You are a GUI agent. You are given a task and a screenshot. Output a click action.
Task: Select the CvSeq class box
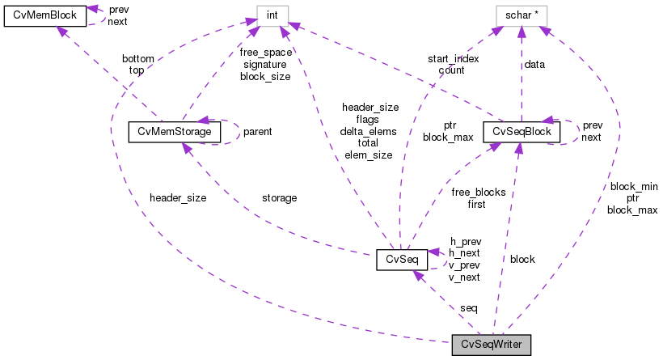(x=401, y=260)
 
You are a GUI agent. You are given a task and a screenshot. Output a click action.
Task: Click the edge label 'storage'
(x=279, y=197)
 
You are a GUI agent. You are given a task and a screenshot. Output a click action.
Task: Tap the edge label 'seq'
(x=468, y=308)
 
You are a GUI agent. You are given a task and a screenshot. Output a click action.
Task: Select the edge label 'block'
(x=522, y=260)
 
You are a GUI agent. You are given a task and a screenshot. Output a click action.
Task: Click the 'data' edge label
(x=534, y=64)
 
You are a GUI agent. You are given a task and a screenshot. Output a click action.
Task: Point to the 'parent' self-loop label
(x=257, y=131)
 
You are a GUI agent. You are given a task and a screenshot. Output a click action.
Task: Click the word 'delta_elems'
(x=370, y=131)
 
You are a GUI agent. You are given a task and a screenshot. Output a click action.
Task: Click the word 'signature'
(x=264, y=64)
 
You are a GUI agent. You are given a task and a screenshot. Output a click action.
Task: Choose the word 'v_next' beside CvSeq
(x=464, y=277)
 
